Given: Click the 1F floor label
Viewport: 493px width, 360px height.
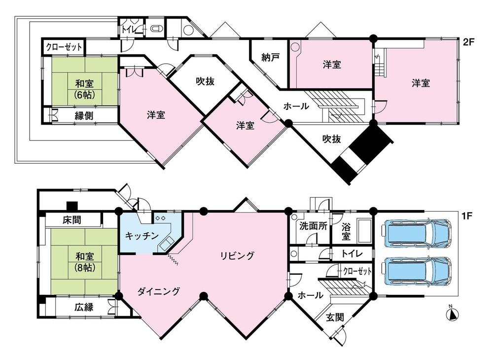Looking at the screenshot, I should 468,216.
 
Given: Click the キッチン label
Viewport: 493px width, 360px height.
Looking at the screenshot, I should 141,235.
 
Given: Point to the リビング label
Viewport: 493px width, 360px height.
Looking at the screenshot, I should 237,255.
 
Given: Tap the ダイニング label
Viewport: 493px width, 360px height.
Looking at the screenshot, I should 158,290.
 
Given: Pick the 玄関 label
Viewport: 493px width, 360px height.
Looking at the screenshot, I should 335,318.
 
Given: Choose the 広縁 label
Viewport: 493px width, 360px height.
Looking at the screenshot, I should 84,307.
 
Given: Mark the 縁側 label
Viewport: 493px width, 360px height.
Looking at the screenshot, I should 84,116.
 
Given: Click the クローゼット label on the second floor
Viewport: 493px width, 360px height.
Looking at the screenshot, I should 64,48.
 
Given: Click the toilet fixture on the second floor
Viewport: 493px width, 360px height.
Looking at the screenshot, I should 156,29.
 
